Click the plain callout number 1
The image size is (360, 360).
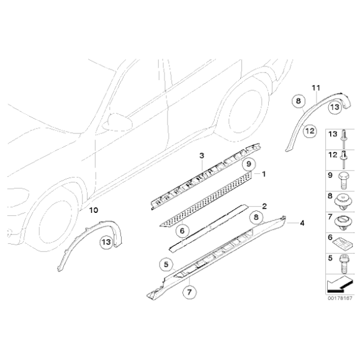(x=264, y=174)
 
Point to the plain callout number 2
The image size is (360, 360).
(x=264, y=206)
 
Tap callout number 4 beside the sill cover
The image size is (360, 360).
(x=302, y=222)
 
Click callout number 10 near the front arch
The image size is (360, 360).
(x=92, y=210)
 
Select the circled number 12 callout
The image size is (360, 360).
(x=308, y=130)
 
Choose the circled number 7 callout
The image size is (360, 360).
(x=189, y=289)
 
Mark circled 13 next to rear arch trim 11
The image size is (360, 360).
(x=335, y=107)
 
